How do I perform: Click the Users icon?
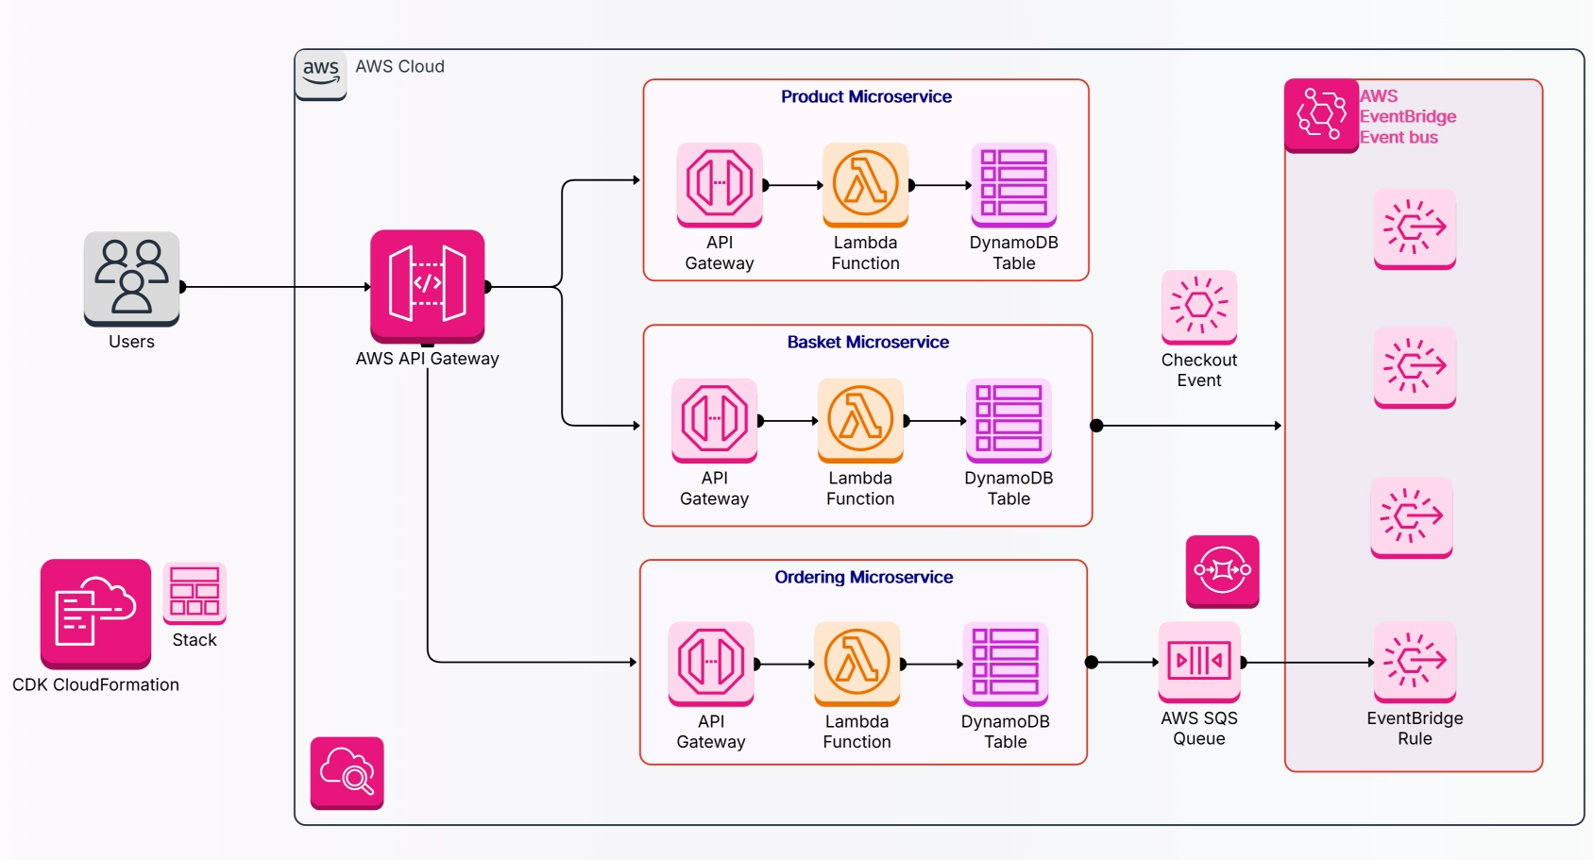tap(131, 278)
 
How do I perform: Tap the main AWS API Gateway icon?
tap(427, 285)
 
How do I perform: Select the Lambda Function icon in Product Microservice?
tap(865, 184)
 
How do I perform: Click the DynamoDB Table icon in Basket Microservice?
tap(1009, 419)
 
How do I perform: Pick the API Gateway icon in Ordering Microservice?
tap(711, 663)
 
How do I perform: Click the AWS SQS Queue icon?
tap(1199, 661)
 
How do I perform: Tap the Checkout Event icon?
tap(1199, 307)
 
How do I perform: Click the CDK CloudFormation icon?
tap(95, 613)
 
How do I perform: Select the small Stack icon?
tap(195, 593)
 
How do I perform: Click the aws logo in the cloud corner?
tap(321, 74)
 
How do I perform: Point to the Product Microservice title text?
tap(866, 96)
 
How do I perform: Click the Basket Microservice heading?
tap(868, 342)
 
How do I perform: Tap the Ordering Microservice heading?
tap(863, 577)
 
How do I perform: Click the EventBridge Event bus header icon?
tap(1321, 116)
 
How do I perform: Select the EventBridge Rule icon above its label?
tap(1415, 661)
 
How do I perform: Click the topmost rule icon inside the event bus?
tap(1415, 228)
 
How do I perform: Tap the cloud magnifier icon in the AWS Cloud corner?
tap(348, 772)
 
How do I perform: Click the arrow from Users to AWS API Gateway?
tap(274, 286)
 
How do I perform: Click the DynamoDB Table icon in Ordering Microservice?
tap(1006, 663)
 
